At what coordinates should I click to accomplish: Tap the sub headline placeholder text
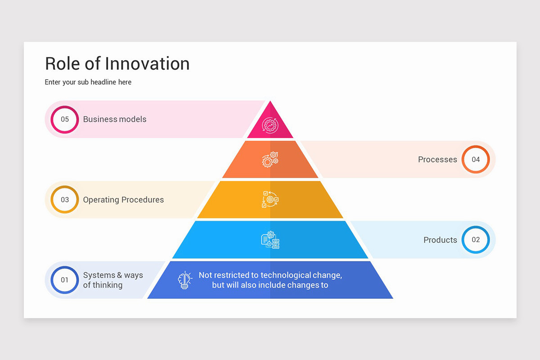click(x=88, y=82)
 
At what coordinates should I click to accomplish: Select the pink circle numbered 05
click(x=65, y=119)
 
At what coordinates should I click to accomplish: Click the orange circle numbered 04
click(x=476, y=159)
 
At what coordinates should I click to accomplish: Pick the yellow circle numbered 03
click(x=65, y=200)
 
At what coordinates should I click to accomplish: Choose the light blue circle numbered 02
click(x=476, y=240)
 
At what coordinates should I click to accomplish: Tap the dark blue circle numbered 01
click(x=65, y=280)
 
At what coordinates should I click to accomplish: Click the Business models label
click(x=115, y=119)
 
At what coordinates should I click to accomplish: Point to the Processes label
click(x=437, y=159)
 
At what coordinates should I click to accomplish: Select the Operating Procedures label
click(x=123, y=200)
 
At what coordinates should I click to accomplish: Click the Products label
click(x=440, y=240)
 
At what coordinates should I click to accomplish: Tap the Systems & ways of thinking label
click(x=113, y=280)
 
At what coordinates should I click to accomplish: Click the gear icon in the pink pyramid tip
click(x=270, y=125)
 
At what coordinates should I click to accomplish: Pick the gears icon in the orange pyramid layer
click(x=270, y=160)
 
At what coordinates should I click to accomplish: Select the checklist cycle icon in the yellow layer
click(x=270, y=199)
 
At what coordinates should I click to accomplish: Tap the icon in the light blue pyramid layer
click(x=270, y=240)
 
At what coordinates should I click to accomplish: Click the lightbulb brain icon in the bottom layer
click(x=185, y=280)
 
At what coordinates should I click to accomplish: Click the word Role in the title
click(x=63, y=64)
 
